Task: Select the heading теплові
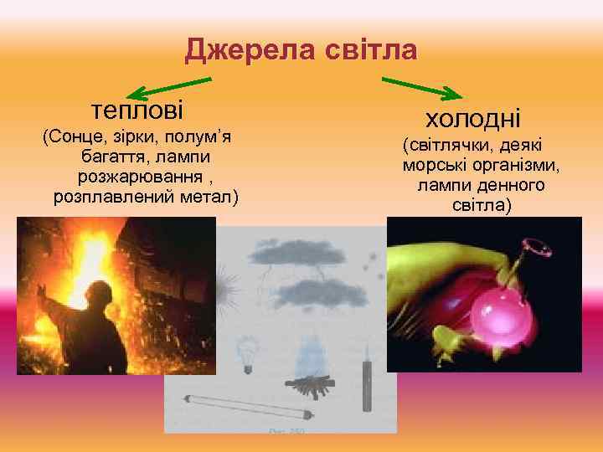pyautogui.click(x=137, y=110)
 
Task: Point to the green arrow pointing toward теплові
pyautogui.click(x=172, y=87)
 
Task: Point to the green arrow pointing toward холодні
pyautogui.click(x=422, y=88)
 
